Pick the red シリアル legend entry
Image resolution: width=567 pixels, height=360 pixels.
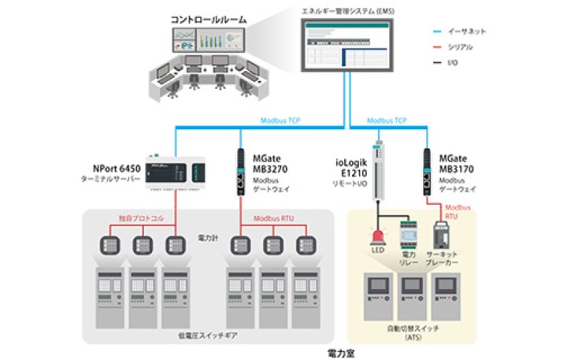[x=465, y=47]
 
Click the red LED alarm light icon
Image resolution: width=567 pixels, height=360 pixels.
[x=379, y=236]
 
